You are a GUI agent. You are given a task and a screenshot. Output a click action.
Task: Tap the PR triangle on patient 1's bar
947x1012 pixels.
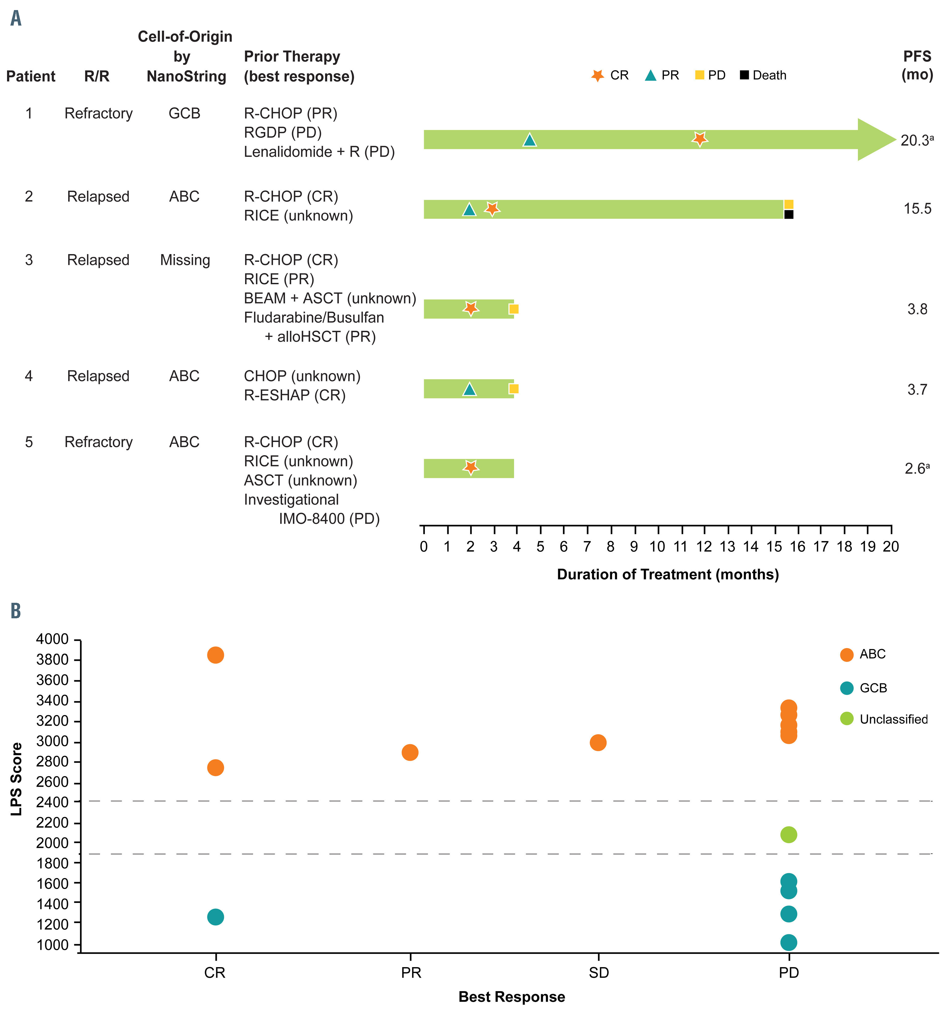coord(530,140)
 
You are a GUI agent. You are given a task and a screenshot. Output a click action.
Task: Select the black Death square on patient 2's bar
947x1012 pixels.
coord(788,214)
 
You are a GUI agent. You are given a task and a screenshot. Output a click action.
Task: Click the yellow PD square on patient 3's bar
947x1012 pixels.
coord(514,309)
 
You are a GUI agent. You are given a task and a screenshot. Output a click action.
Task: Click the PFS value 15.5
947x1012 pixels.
coord(917,209)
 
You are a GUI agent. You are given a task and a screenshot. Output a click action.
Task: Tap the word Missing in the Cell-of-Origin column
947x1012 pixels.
coord(185,260)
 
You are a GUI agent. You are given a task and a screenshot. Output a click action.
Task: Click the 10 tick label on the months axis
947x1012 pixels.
coord(657,547)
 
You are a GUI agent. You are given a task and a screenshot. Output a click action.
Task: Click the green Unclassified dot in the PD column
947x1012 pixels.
coord(788,834)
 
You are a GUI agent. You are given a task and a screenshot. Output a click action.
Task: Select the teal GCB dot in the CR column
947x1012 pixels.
coord(215,917)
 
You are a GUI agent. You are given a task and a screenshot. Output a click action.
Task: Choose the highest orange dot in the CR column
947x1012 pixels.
coord(215,655)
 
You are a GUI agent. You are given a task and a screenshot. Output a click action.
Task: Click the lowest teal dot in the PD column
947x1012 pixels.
coord(788,942)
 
